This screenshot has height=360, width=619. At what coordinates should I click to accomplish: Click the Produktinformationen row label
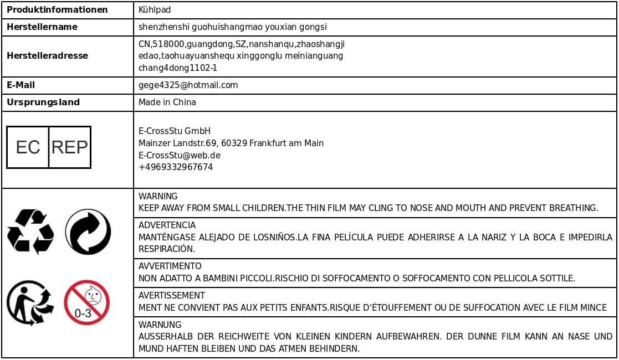[57, 10]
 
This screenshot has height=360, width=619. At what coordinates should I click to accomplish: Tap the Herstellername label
[42, 27]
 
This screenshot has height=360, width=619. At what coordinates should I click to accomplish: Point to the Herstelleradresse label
[47, 55]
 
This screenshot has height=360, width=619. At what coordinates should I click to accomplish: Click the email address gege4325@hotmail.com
[188, 85]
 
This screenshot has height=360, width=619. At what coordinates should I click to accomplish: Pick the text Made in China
[167, 102]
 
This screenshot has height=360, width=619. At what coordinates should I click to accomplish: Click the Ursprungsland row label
[43, 102]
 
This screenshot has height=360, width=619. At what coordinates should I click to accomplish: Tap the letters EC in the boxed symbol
[28, 147]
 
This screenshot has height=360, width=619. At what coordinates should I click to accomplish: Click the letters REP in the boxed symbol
[69, 147]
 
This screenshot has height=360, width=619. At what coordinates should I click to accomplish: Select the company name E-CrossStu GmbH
[175, 131]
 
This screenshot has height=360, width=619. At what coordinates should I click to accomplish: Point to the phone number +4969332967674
[176, 167]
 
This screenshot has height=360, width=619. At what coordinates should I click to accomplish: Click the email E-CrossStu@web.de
[180, 155]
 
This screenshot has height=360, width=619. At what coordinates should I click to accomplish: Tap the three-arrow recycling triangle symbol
[30, 232]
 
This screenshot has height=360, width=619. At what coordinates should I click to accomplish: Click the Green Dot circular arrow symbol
[88, 232]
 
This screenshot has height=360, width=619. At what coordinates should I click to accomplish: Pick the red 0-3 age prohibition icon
[86, 302]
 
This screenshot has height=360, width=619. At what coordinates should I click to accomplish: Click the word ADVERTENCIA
[167, 225]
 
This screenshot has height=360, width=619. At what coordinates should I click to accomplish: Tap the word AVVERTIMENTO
[170, 266]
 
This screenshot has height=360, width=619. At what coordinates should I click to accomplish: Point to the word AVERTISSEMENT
[171, 295]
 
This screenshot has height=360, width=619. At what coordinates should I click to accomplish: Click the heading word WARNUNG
[160, 325]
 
